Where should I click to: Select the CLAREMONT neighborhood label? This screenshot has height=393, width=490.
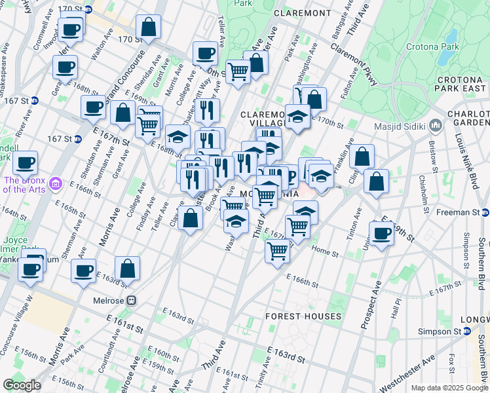click(302, 12)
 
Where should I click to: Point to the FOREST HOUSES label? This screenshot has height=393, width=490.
click(303, 316)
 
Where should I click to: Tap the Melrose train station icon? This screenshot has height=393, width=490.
click(131, 300)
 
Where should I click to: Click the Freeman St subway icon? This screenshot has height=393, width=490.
click(485, 212)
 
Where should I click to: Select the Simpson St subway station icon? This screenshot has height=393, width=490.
click(467, 332)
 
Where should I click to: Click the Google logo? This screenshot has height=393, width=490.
click(22, 385)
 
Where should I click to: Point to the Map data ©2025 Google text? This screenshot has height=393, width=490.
click(449, 388)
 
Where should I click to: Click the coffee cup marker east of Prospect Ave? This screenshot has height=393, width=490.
click(381, 233)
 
